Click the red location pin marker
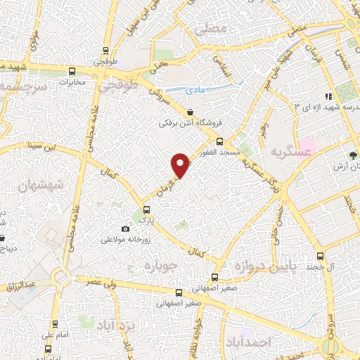click(x=181, y=165)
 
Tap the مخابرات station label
click(x=72, y=82)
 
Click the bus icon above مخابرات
click(x=72, y=70)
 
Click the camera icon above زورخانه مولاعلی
click(x=126, y=229)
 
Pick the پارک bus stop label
click(x=146, y=220)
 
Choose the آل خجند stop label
click(x=324, y=268)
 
